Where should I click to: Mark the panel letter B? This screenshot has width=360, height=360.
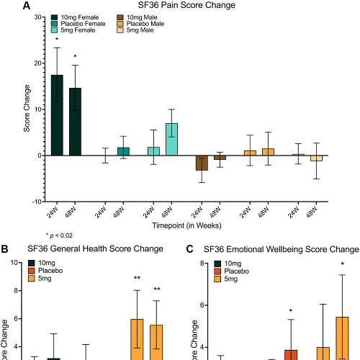pos(5,249)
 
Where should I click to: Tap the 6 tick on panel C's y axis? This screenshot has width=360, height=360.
pos(205,305)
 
